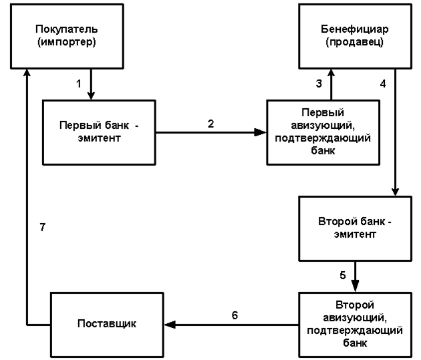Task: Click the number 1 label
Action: (x=79, y=84)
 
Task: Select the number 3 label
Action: (x=319, y=84)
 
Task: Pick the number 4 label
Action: (x=383, y=84)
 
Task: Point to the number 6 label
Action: (x=235, y=315)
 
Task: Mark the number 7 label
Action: (x=42, y=228)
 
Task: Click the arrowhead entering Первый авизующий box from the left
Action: (x=261, y=132)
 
